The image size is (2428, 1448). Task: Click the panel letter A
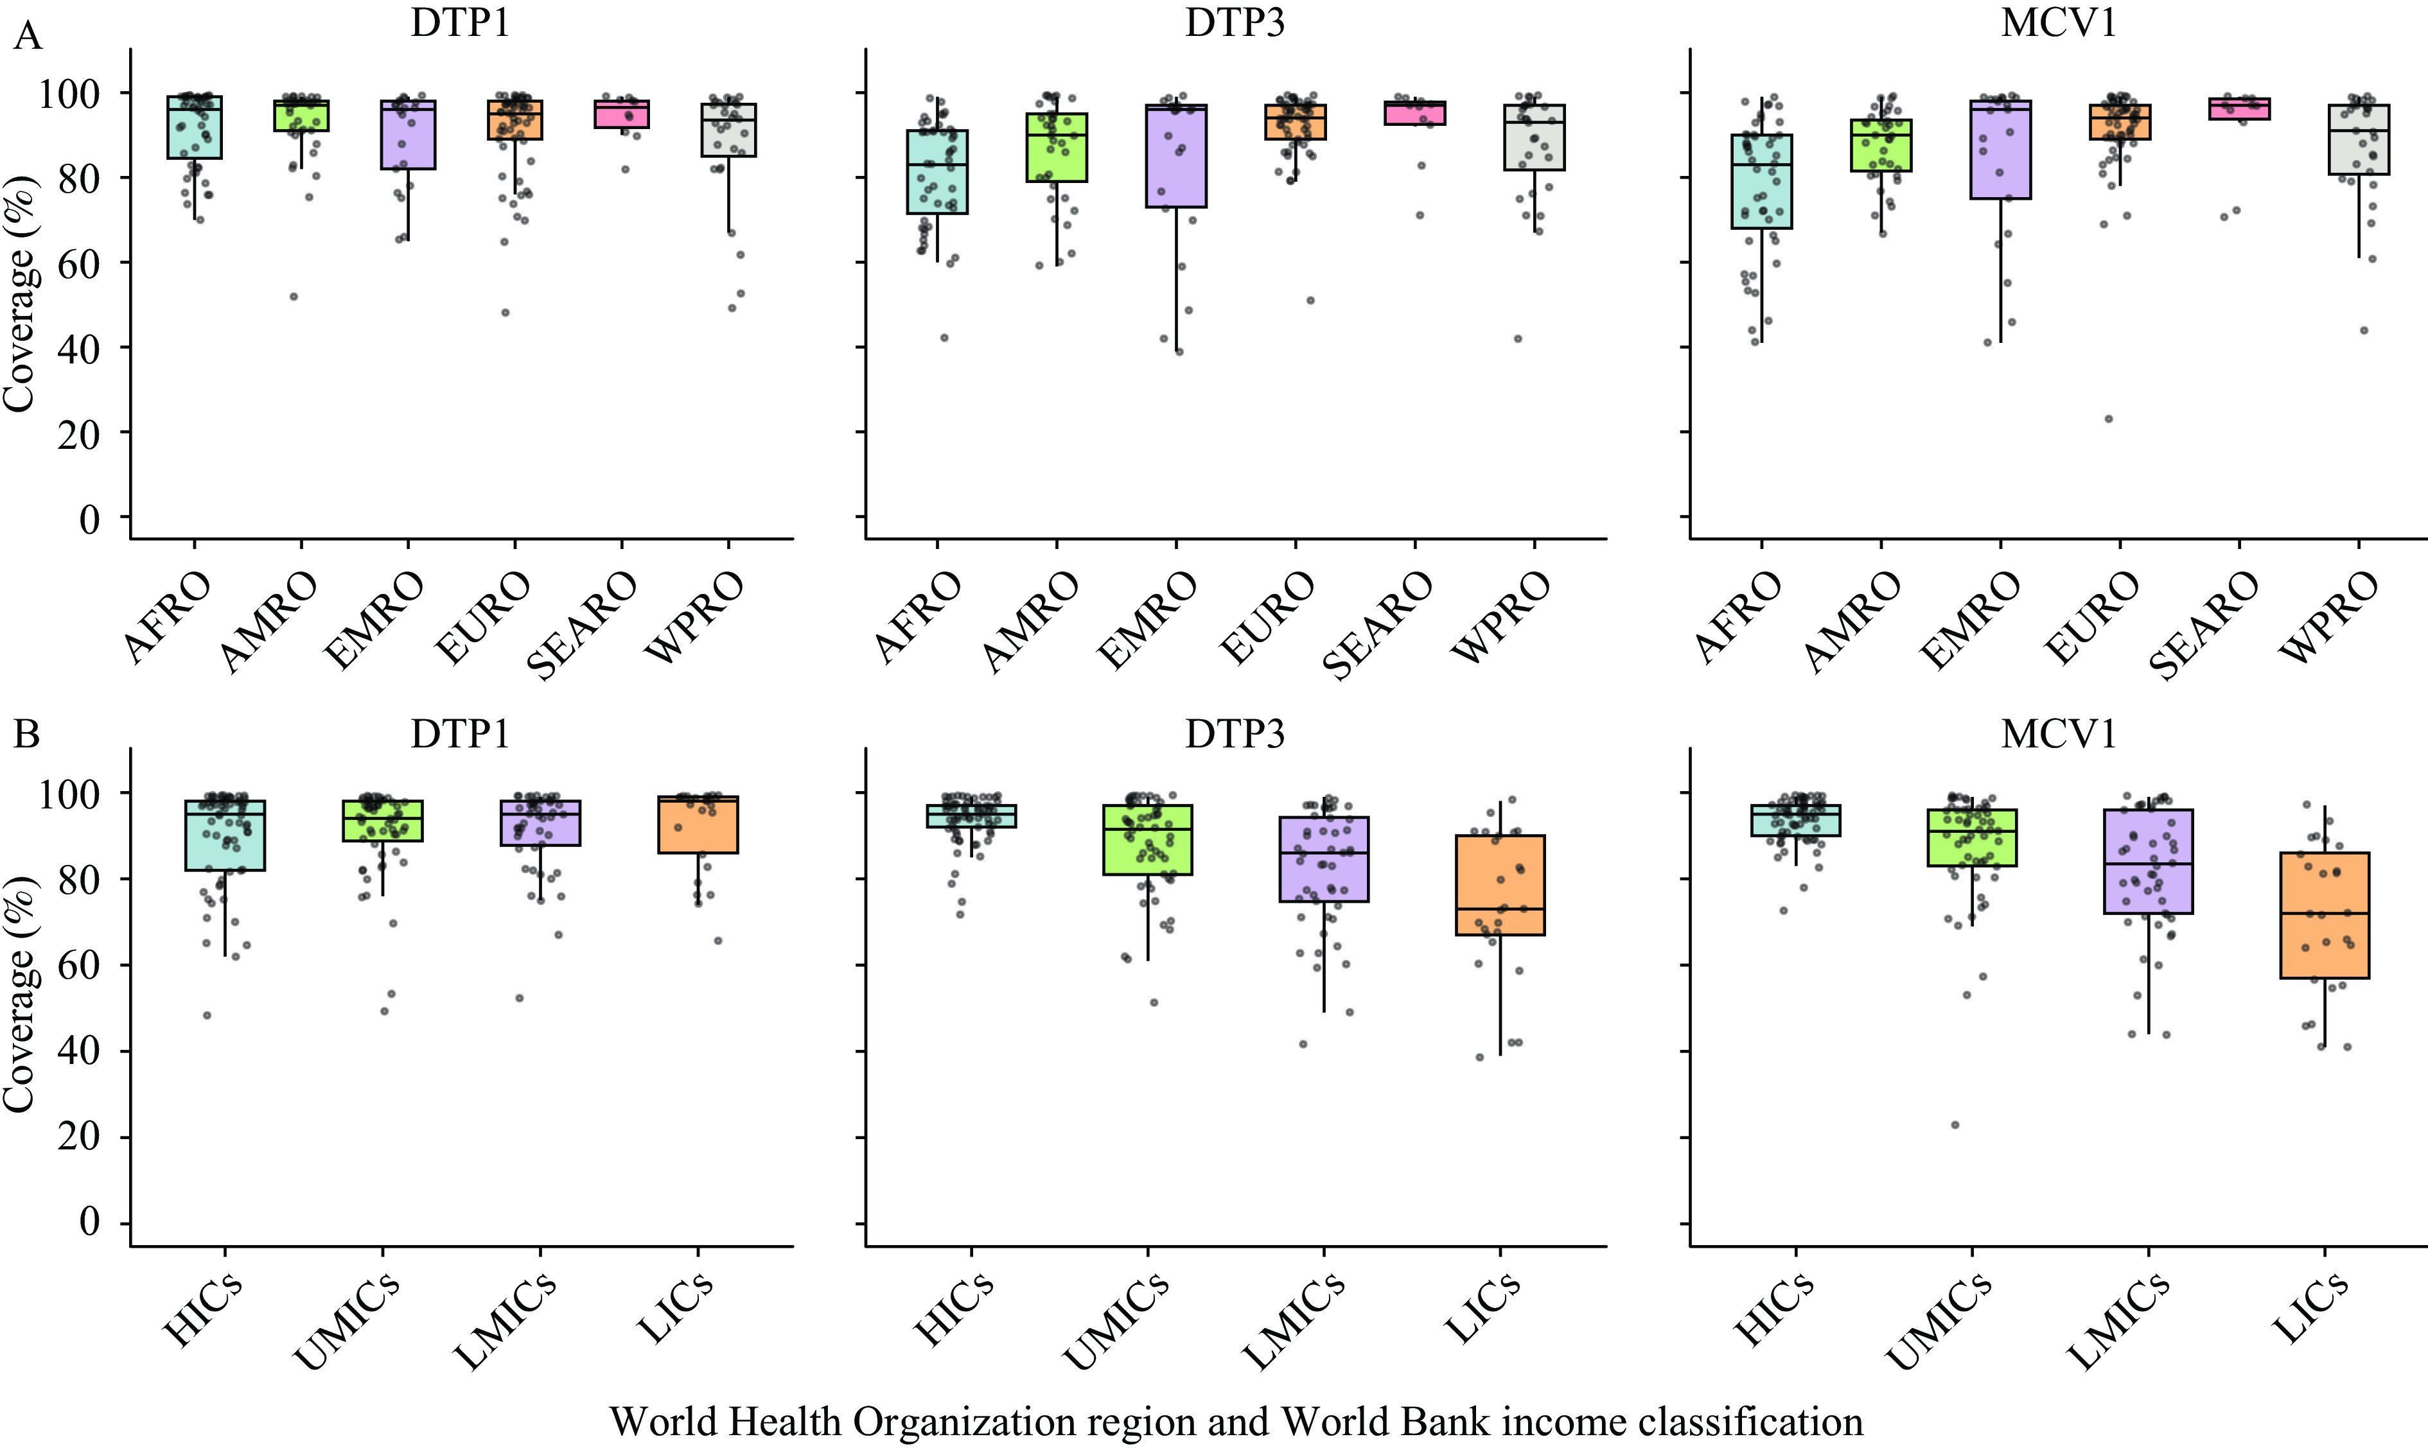(28, 37)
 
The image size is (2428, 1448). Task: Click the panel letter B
(26, 734)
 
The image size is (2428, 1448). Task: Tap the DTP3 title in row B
(1235, 734)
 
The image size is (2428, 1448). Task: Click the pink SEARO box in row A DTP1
(622, 114)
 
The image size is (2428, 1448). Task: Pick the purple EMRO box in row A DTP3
(1176, 156)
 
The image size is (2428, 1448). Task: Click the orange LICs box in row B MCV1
(2325, 915)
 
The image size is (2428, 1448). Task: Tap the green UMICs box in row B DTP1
(382, 821)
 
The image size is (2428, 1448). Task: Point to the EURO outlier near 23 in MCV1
(2108, 419)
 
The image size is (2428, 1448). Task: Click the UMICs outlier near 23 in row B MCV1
(1955, 1125)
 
